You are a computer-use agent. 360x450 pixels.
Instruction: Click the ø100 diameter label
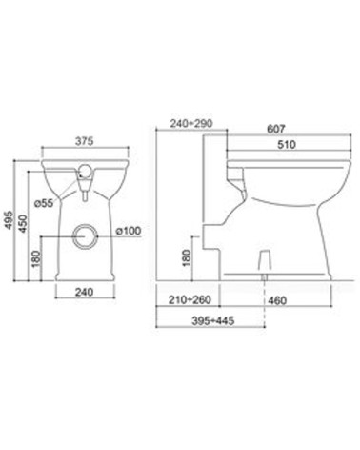(x=130, y=231)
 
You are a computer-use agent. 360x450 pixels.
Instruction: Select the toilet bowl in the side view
(x=286, y=191)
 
